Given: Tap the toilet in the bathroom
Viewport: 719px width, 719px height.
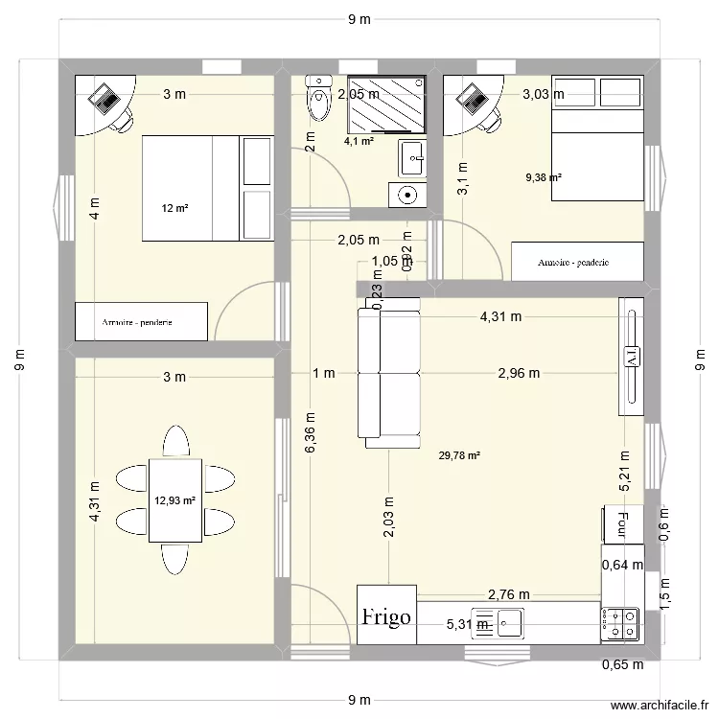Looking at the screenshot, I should pos(316,97).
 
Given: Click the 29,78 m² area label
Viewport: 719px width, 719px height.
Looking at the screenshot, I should pos(458,456).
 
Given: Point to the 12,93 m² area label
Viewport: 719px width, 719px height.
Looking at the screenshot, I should pos(174,499).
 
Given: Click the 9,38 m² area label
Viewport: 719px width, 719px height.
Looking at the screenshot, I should pos(543,176).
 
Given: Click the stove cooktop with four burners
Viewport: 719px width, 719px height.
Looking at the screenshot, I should pos(620,623).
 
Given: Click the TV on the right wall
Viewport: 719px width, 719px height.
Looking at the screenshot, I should pos(632,357).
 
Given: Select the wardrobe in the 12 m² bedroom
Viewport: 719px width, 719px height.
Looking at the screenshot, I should pos(142,322).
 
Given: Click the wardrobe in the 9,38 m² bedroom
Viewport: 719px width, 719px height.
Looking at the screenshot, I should pos(576,261).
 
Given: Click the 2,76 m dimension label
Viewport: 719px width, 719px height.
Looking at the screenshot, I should pos(509,595).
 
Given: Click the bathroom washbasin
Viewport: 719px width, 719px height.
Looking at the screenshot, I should pos(413,156).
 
